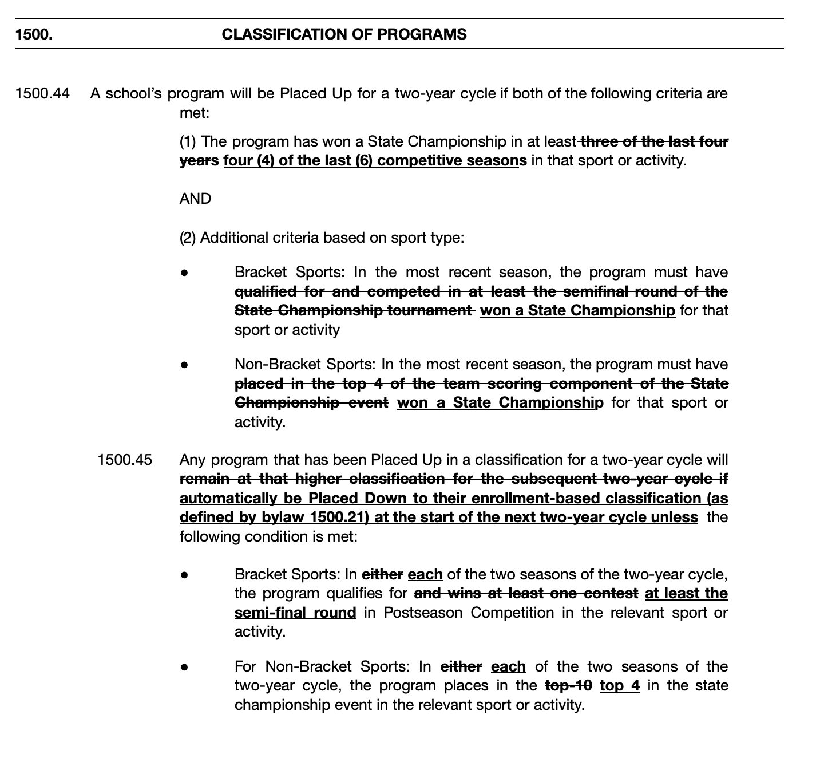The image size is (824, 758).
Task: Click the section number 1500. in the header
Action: point(34,34)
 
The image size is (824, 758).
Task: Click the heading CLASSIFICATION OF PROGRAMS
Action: point(344,34)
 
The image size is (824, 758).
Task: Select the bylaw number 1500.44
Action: point(42,93)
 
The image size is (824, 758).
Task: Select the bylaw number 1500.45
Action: point(125,460)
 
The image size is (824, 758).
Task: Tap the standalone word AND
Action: point(195,199)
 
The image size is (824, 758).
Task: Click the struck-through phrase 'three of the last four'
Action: point(654,141)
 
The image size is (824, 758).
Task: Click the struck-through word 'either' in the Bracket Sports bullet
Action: point(382,574)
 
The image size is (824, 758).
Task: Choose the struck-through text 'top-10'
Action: point(569,685)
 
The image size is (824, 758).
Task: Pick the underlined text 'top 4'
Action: point(620,685)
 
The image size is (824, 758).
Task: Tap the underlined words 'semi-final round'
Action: point(295,613)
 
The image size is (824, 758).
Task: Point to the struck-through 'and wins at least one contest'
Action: point(526,594)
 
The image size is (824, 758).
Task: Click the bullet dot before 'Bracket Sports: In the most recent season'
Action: point(184,273)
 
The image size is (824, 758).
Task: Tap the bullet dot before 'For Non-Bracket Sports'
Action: point(184,667)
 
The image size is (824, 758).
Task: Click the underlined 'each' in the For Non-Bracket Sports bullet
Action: point(508,666)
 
